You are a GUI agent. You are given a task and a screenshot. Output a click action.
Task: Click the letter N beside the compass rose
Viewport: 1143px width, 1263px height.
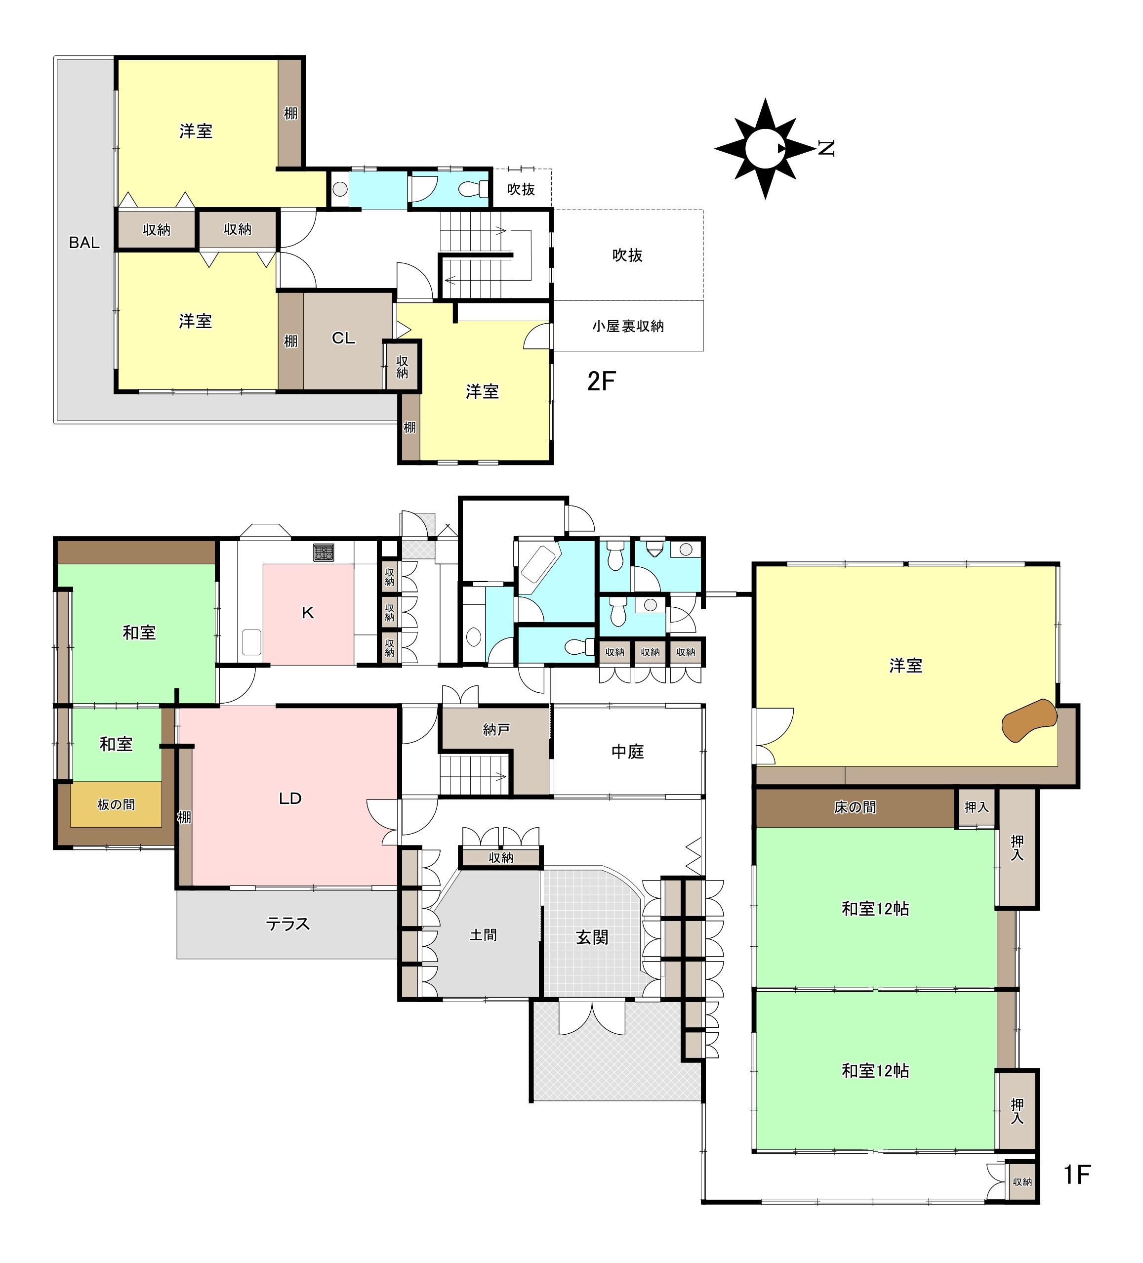click(826, 148)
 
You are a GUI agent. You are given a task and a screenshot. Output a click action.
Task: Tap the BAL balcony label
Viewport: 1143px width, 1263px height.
click(84, 243)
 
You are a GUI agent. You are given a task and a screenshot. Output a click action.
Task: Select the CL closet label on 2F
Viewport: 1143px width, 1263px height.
click(343, 338)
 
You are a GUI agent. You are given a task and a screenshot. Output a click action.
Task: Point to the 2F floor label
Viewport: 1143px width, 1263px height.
click(601, 381)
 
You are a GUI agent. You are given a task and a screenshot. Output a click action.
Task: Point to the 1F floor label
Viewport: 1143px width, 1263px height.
click(1077, 1174)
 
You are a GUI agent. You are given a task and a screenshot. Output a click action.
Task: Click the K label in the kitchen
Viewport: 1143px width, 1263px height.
click(308, 613)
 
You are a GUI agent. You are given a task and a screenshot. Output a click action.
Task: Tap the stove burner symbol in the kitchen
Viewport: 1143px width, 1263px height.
click(324, 552)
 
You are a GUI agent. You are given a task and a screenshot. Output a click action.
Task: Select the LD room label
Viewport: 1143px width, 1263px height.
click(290, 798)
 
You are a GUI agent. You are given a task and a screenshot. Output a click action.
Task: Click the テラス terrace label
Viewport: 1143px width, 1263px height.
click(287, 924)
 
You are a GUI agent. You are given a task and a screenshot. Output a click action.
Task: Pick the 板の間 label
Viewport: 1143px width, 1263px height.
click(116, 804)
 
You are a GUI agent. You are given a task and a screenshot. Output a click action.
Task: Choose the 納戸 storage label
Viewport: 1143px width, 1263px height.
click(496, 729)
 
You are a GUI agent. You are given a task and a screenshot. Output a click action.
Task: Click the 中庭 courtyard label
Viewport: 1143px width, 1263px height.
click(627, 751)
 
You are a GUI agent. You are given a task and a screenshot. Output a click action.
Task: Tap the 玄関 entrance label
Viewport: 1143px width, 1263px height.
click(592, 937)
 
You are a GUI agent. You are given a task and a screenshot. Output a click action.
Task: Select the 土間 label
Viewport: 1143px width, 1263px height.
click(483, 935)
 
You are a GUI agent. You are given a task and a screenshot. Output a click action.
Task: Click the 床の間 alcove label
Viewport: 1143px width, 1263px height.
click(855, 807)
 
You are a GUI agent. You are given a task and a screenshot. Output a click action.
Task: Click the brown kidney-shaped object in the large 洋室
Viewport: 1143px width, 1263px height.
click(1029, 720)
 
